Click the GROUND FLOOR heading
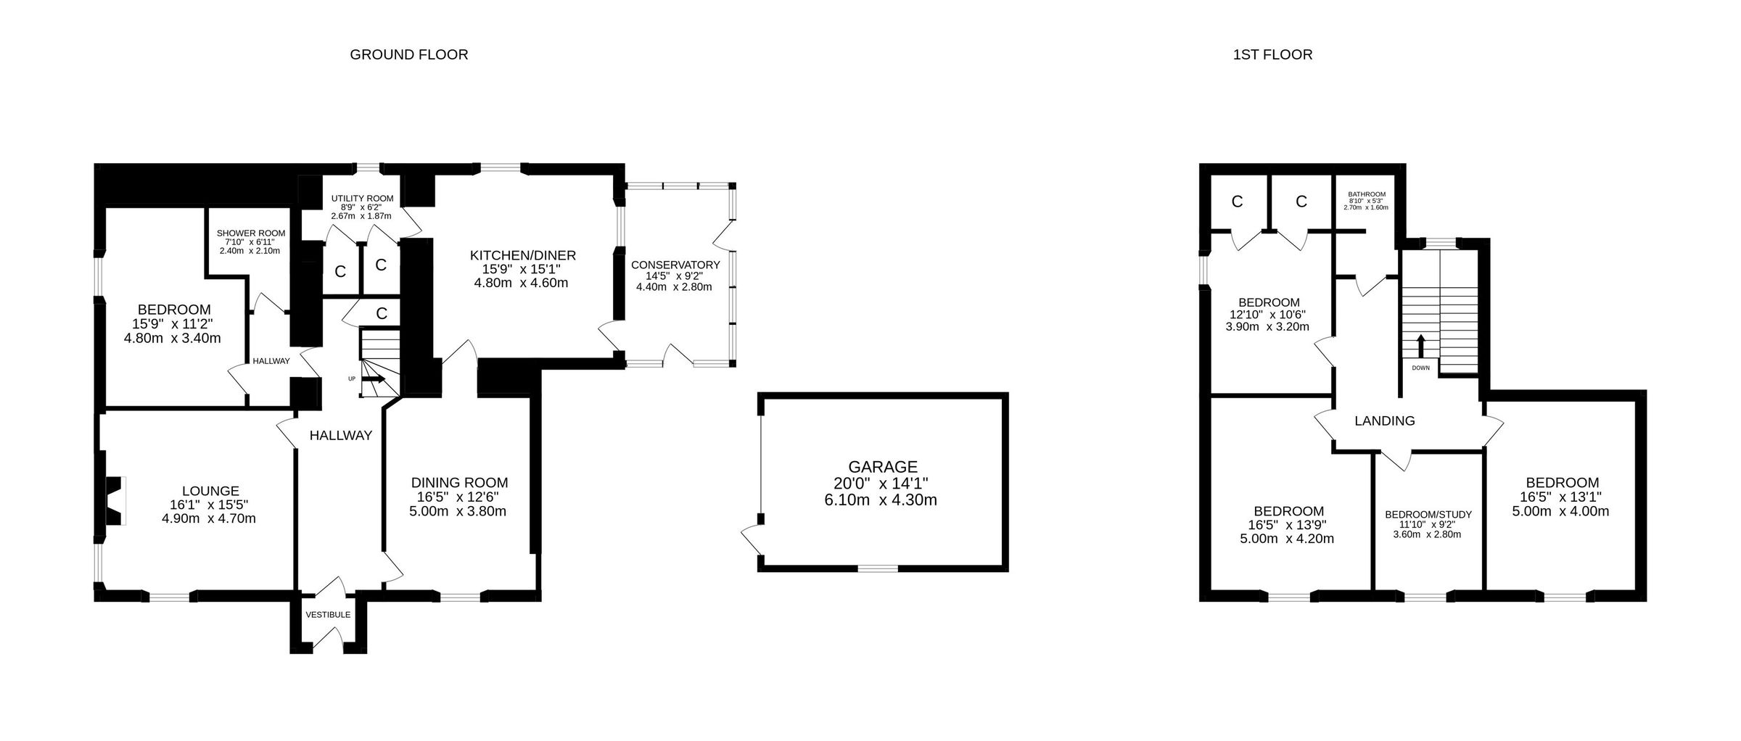click(408, 54)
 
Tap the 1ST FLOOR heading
click(1272, 54)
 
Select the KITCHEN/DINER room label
click(522, 255)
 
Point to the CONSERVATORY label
click(675, 265)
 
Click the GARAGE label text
click(883, 467)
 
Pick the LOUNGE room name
click(210, 491)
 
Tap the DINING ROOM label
click(459, 483)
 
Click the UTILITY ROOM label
click(362, 198)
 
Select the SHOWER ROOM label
click(251, 233)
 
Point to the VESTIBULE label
click(328, 615)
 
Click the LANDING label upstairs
click(1385, 421)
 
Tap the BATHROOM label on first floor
click(1367, 194)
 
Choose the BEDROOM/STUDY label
click(1428, 515)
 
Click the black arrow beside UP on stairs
click(374, 378)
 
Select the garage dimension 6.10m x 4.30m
click(883, 500)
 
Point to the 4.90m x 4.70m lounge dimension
click(209, 518)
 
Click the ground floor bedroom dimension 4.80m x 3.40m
click(173, 338)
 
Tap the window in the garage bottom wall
click(878, 568)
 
